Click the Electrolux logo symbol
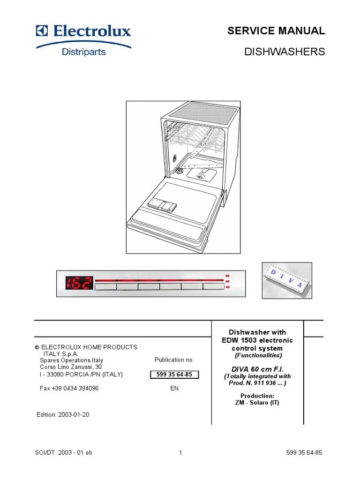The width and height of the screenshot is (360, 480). (42, 31)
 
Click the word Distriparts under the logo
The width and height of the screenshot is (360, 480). (84, 52)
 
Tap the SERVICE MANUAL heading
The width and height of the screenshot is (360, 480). (276, 31)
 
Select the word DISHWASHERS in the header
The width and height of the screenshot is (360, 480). (285, 52)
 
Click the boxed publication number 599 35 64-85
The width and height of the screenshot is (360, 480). (174, 375)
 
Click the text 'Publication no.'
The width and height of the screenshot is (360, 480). (174, 360)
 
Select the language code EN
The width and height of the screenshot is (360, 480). (174, 389)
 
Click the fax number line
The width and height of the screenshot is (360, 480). (68, 389)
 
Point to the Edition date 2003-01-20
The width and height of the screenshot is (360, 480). (63, 415)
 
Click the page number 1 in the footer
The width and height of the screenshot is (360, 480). (180, 452)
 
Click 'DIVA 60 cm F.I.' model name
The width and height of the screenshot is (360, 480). (257, 369)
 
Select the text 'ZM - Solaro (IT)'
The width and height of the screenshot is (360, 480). (257, 403)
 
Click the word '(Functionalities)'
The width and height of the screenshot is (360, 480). (258, 355)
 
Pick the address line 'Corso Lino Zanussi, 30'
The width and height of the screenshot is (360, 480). (71, 367)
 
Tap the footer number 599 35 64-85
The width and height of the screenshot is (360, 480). (304, 452)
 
